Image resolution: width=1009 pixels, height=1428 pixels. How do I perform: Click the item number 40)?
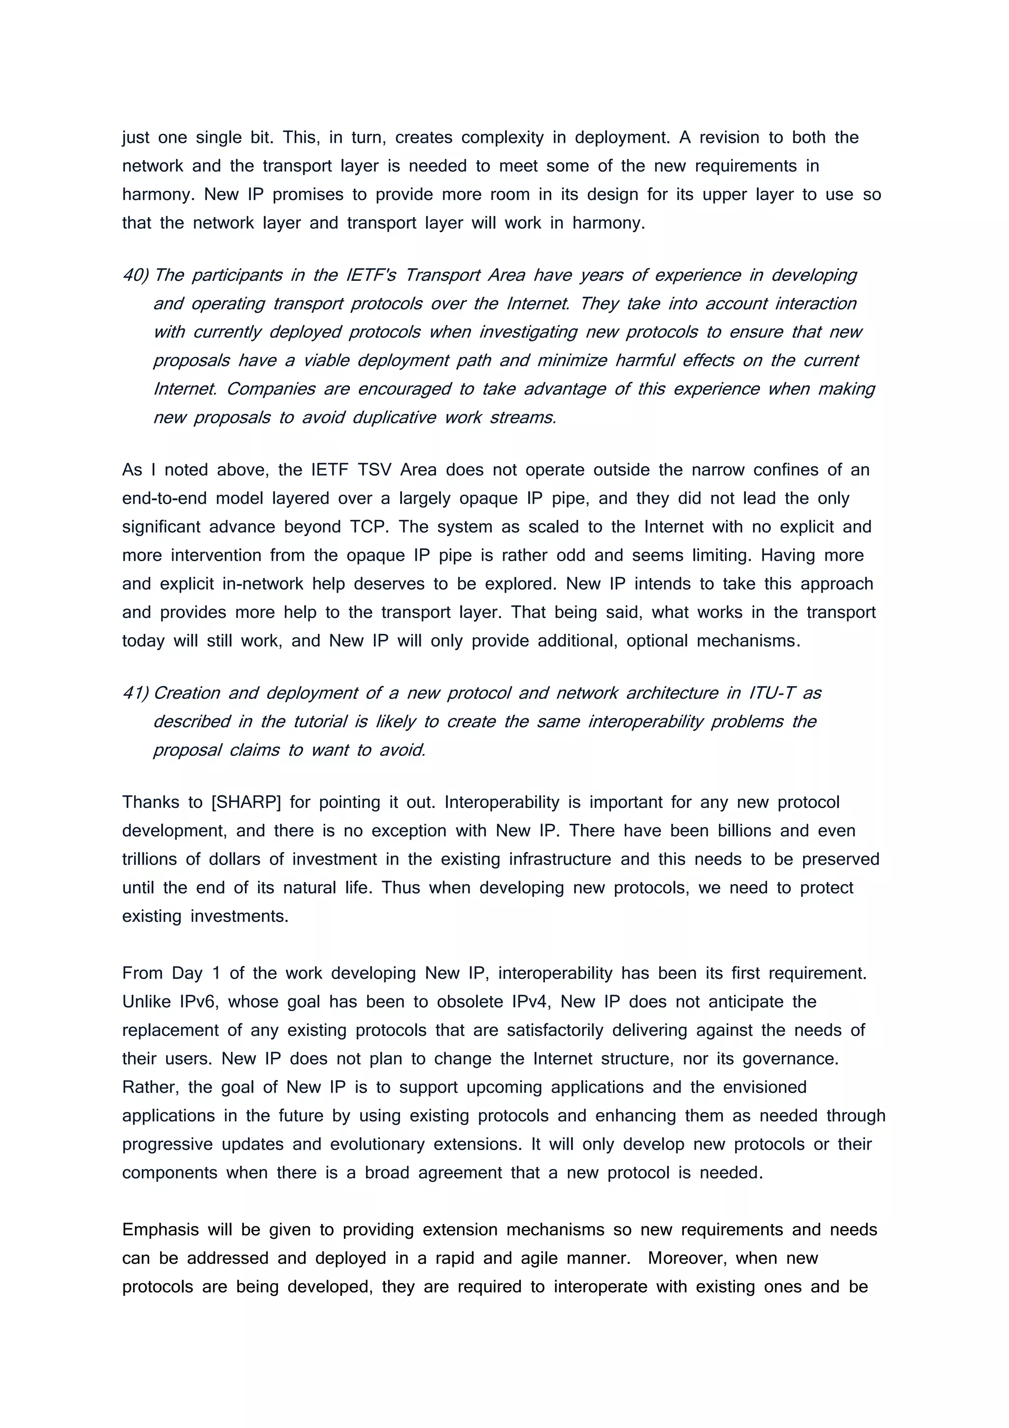[135, 275]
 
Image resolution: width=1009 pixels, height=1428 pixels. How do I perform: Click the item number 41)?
[135, 693]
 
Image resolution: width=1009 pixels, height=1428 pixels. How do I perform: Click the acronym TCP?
[370, 527]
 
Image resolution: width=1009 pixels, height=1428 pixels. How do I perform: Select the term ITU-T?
[772, 693]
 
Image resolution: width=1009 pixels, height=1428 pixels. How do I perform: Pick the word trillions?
[149, 859]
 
